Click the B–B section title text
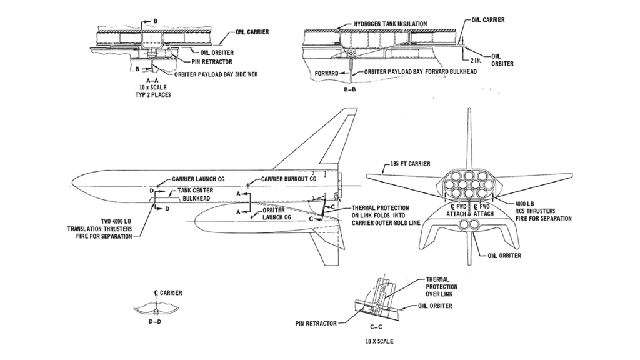click(x=350, y=89)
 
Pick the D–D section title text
click(x=155, y=321)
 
